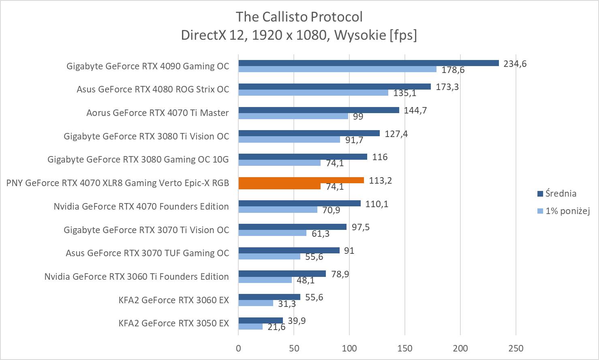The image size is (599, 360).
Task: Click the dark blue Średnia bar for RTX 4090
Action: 368,63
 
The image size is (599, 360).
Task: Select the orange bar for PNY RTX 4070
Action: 301,180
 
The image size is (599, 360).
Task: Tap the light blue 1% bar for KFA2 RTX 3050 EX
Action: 250,327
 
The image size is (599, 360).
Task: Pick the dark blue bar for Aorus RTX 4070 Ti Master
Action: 319,110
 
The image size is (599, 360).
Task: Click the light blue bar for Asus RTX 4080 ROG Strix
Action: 313,93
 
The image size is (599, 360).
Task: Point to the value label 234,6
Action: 515,64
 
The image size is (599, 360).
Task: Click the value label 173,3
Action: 447,87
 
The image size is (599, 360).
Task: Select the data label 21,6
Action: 276,327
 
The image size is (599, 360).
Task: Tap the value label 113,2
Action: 380,180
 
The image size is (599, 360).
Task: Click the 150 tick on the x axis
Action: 405,348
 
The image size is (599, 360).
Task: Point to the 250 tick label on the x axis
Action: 516,348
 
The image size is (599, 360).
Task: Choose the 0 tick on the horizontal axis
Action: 238,348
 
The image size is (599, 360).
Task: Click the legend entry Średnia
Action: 560,193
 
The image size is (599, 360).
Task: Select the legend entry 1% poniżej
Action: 567,211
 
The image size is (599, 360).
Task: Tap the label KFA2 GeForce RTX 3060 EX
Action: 173,300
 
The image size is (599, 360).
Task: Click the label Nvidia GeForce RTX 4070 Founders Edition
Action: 141,206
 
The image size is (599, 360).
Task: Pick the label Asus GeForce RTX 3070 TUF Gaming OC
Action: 147,253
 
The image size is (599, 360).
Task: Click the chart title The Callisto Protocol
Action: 299,17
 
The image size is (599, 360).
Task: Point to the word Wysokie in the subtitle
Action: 360,35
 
